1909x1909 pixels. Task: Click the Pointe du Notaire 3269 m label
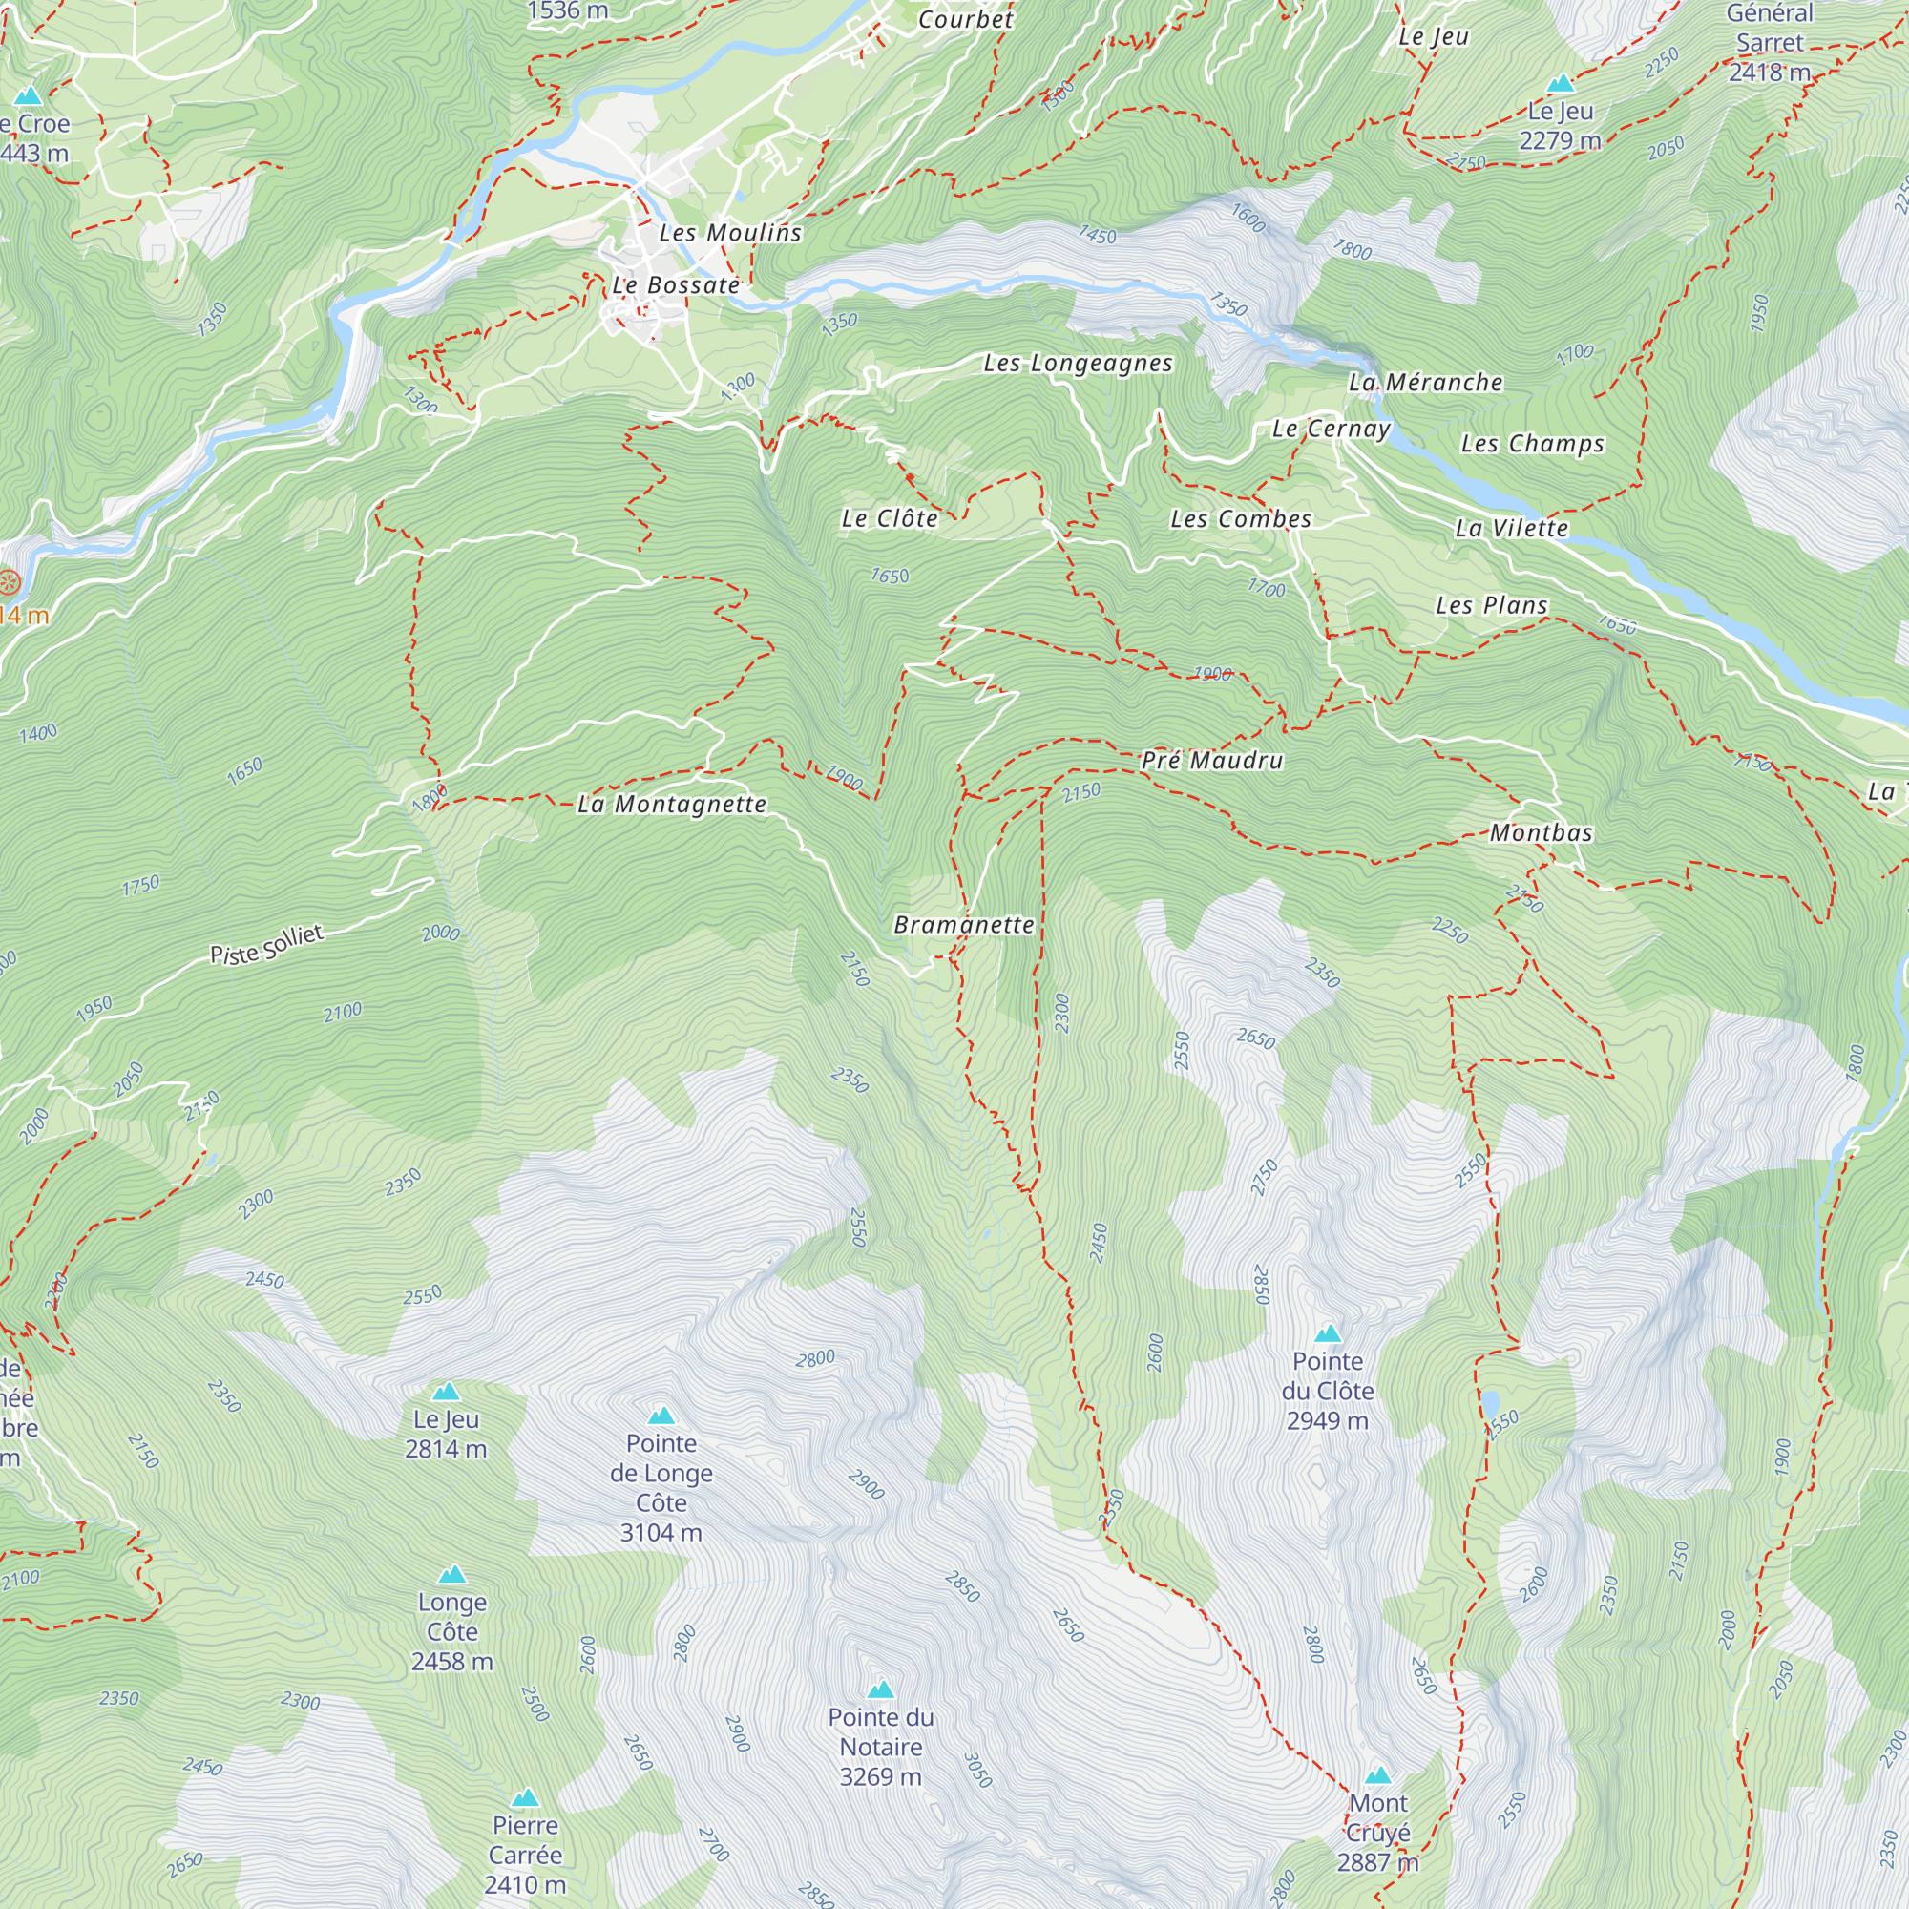[x=880, y=1746]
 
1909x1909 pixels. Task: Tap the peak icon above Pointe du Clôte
[x=1328, y=1334]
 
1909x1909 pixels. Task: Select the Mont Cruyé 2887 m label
[x=1377, y=1832]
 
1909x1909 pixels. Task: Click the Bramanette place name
[x=963, y=925]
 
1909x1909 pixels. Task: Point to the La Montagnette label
[x=672, y=805]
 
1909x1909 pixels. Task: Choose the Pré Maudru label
[x=1211, y=760]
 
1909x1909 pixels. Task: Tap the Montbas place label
[x=1542, y=833]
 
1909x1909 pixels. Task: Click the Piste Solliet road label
[x=267, y=945]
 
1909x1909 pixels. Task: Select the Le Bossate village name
[x=676, y=285]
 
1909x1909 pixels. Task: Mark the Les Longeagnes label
[x=1078, y=364]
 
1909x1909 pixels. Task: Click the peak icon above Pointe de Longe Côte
[x=661, y=1416]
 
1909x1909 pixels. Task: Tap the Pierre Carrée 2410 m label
[x=525, y=1855]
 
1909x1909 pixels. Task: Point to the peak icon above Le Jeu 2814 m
[x=446, y=1393]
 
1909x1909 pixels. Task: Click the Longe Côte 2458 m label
[x=451, y=1631]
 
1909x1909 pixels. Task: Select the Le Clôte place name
[x=890, y=518]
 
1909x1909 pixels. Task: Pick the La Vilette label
[x=1511, y=529]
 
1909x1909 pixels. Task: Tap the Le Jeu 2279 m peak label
[x=1560, y=125]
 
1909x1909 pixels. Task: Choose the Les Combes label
[x=1240, y=520]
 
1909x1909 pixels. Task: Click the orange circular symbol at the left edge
[x=10, y=582]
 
